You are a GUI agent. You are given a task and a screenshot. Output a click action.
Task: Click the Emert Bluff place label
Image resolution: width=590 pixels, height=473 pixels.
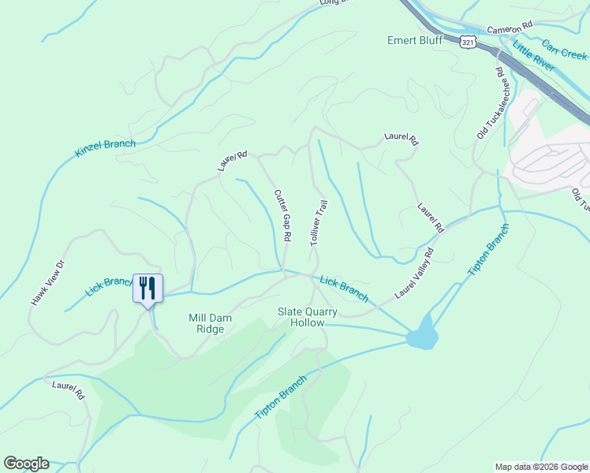coord(415,40)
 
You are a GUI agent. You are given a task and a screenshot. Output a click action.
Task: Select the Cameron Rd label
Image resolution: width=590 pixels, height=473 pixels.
coord(510,28)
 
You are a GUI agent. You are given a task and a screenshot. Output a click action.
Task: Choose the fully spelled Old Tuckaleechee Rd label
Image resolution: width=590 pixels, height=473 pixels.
coord(489,103)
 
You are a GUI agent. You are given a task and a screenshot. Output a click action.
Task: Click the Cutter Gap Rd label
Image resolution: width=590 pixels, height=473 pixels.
coord(283,215)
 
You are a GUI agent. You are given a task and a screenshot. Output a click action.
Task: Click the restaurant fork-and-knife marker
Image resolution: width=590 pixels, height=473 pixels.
coord(147,289)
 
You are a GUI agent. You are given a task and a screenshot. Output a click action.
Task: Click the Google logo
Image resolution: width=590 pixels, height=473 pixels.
coord(26,464)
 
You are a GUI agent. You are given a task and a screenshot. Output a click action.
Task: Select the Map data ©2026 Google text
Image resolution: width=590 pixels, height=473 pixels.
coord(541,467)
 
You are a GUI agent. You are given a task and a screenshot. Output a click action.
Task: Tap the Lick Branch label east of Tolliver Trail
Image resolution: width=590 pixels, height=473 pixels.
coord(344,288)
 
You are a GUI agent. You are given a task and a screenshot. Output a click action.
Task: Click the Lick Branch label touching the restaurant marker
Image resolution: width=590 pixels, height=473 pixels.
coord(109,286)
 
